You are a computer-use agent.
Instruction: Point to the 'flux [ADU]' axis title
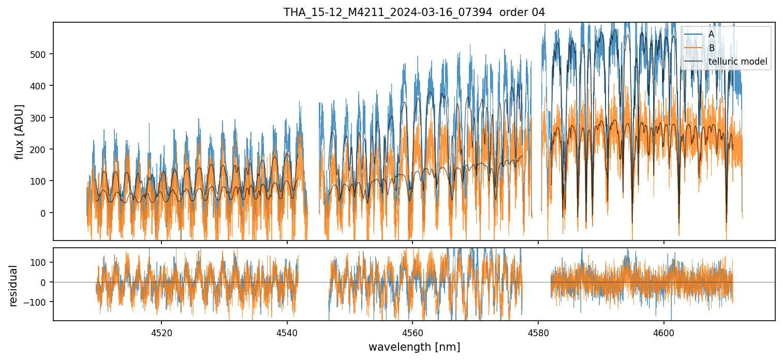coord(20,131)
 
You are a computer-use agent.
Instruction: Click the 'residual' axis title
coord(13,286)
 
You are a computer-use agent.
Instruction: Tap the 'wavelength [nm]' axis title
coord(414,347)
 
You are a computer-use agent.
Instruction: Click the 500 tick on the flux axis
coord(39,54)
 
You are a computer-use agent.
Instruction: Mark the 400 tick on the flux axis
coord(39,86)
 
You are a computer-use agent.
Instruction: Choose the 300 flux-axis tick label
coord(39,118)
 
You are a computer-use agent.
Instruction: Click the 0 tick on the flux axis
coord(44,213)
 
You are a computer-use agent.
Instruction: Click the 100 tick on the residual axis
coord(39,262)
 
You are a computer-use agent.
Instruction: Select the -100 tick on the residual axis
coord(38,302)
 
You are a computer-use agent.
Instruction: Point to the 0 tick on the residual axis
coord(44,282)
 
